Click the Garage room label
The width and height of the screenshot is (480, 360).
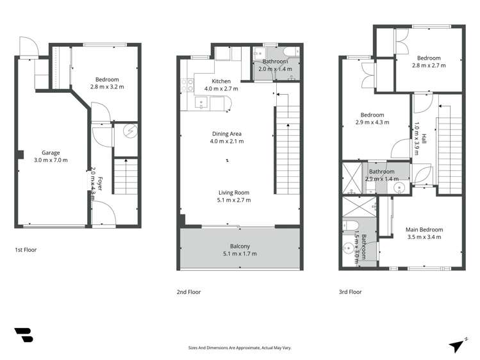click(x=51, y=152)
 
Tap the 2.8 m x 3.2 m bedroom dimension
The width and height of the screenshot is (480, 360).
click(x=107, y=87)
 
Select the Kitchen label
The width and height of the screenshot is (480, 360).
click(x=221, y=81)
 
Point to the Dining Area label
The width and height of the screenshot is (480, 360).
click(x=227, y=134)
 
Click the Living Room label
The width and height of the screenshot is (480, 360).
click(x=234, y=192)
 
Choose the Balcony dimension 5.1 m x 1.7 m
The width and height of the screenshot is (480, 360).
click(x=240, y=254)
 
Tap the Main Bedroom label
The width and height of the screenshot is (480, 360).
click(x=424, y=229)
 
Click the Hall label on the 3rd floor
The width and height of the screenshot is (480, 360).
click(x=424, y=138)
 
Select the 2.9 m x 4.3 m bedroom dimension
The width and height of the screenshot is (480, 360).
click(x=372, y=122)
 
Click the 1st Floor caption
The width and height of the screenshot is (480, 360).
click(x=26, y=250)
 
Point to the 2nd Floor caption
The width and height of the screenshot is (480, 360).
click(x=188, y=292)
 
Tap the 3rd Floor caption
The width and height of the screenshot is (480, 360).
click(x=350, y=292)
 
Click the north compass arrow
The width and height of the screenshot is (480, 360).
click(x=456, y=347)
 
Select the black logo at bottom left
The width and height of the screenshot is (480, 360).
click(x=24, y=335)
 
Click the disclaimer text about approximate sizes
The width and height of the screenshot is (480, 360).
click(x=240, y=348)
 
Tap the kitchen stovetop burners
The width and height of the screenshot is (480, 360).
click(x=187, y=85)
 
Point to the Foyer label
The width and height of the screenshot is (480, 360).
click(x=100, y=183)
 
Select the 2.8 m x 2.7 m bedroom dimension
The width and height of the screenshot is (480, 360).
click(x=429, y=65)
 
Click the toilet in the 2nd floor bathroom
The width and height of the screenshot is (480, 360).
click(x=290, y=51)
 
